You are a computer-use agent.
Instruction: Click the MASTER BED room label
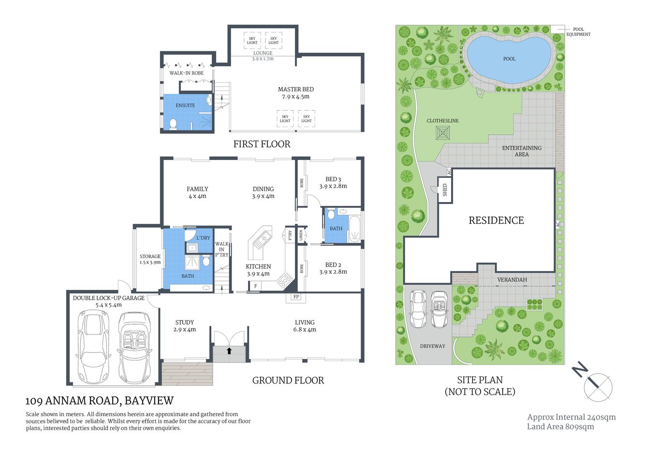coord(295,89)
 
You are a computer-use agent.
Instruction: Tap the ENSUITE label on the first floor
coord(185,105)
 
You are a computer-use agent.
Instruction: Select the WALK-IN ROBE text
coord(186,73)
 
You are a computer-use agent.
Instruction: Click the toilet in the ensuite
coord(173,124)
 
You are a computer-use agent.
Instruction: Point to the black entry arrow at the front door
coord(229,350)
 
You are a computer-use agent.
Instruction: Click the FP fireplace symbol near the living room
coord(296,297)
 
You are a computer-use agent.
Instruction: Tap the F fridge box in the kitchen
coord(255,286)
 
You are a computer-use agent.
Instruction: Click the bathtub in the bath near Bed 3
coord(355,229)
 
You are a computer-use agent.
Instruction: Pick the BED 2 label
coord(333,265)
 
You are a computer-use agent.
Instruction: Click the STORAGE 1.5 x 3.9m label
coord(150,259)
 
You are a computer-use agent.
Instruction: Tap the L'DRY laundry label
coord(203,238)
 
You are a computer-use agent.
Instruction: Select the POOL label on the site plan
coord(509,59)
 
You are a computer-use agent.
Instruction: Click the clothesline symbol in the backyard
coord(442,132)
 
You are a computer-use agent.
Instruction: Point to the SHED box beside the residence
coord(445,189)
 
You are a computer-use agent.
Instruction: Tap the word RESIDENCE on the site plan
coord(496,220)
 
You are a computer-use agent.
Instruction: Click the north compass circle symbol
coord(598,388)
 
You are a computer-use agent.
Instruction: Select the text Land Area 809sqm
coord(560,427)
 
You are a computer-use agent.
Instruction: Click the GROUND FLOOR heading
coord(288,380)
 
